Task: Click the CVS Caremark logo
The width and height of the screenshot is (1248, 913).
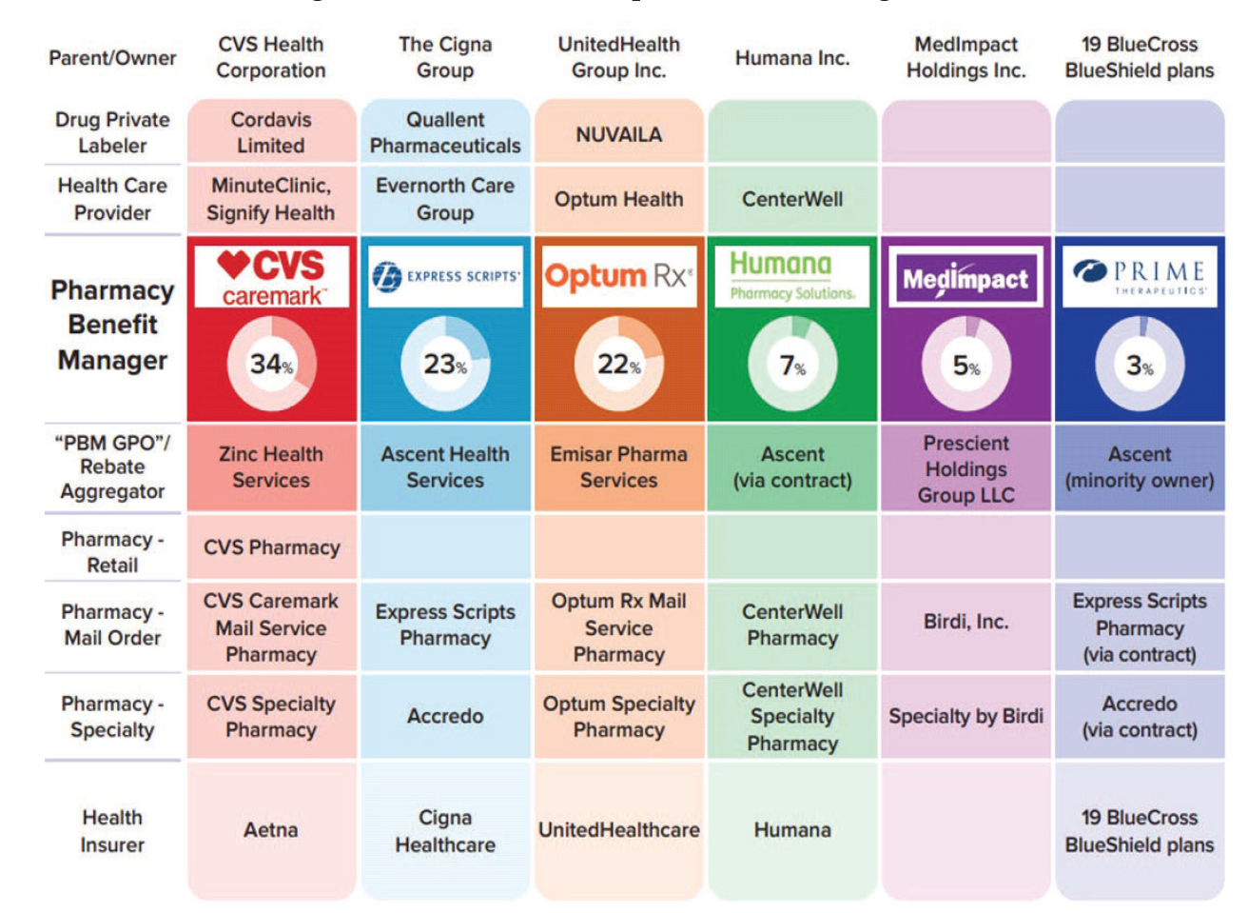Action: [271, 277]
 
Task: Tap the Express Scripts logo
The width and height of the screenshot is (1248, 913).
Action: [445, 277]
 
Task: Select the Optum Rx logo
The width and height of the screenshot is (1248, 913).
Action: [618, 277]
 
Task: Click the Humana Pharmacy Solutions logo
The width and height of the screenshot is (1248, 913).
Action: [792, 277]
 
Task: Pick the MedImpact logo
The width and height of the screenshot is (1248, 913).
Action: [965, 278]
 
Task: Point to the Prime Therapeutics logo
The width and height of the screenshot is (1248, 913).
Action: [1140, 276]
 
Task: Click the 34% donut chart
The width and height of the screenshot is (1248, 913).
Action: [271, 364]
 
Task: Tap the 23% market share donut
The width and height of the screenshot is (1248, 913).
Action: [445, 365]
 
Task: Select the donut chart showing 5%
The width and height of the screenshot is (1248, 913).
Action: [965, 366]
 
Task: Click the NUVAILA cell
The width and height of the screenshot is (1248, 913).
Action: [618, 134]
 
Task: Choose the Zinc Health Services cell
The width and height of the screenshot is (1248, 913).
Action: [271, 467]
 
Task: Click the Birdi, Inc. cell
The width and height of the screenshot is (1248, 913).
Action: [965, 622]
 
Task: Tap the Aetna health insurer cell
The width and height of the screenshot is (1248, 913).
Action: [271, 830]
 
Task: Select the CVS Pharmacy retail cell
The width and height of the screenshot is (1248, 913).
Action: [271, 547]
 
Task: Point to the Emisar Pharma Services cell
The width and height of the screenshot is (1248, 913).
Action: [618, 467]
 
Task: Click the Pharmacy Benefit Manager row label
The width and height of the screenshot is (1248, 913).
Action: [112, 326]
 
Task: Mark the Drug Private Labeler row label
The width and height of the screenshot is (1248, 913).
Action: [112, 132]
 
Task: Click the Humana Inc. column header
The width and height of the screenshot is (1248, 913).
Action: [792, 58]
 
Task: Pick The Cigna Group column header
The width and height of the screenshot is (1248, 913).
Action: [445, 57]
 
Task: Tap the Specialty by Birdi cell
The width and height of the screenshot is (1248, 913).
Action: [965, 717]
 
